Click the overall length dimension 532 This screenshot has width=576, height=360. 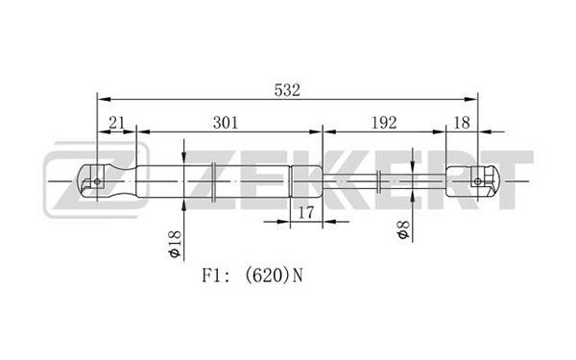pyautogui.click(x=287, y=90)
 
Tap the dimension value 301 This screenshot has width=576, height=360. pyautogui.click(x=226, y=123)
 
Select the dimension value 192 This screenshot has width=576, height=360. pyautogui.click(x=384, y=123)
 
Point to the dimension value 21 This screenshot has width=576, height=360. pyautogui.click(x=117, y=123)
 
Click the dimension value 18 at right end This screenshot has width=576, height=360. pyautogui.click(x=462, y=123)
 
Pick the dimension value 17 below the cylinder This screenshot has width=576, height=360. pyautogui.click(x=306, y=212)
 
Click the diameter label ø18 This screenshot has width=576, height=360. pyautogui.click(x=176, y=244)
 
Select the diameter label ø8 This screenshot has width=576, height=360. pyautogui.click(x=403, y=230)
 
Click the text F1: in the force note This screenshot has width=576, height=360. pyautogui.click(x=216, y=276)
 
